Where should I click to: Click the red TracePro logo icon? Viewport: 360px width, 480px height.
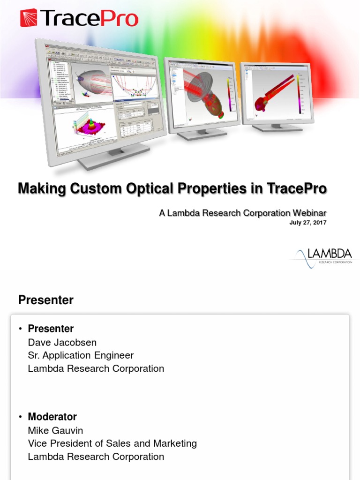tap(29, 18)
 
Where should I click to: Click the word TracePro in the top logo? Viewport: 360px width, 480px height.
tap(89, 19)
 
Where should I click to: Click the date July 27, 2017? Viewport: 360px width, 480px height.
tap(307, 223)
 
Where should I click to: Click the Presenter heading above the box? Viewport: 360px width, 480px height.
tap(45, 300)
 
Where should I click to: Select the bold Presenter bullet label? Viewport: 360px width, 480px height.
tap(51, 328)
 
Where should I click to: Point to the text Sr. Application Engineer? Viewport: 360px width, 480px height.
tap(81, 355)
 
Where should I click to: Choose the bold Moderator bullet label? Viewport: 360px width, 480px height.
tap(52, 416)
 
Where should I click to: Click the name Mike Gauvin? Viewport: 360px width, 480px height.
tap(55, 430)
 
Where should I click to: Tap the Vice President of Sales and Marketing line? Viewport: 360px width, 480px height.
tap(112, 443)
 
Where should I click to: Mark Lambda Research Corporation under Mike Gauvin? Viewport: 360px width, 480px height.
tap(96, 457)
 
